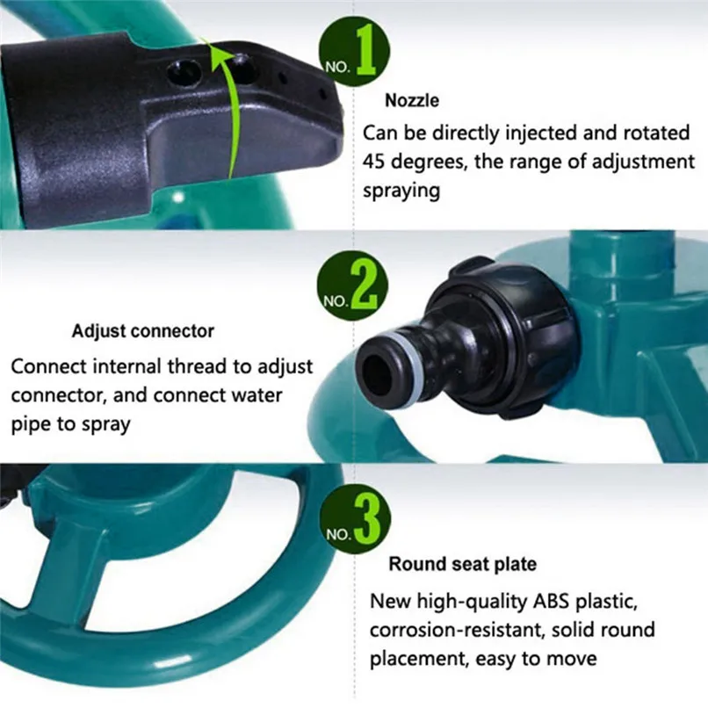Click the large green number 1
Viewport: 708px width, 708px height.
pos(366,52)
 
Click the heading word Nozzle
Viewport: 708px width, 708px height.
pos(411,101)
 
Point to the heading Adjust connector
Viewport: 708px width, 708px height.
pos(142,331)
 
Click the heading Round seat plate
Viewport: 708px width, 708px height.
pos(462,563)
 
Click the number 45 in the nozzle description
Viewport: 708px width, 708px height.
pos(376,162)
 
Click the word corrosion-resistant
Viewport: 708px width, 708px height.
pos(453,630)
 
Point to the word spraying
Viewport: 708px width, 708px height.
pos(401,190)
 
